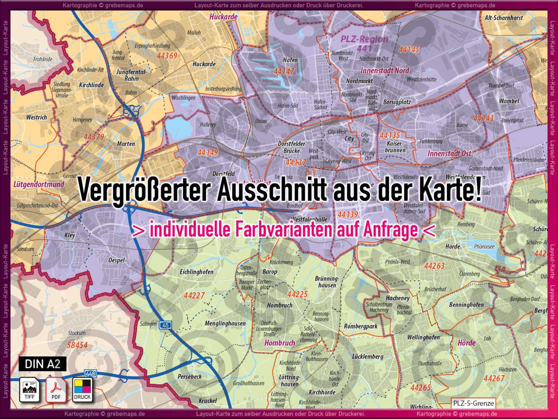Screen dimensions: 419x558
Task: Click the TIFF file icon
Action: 29,390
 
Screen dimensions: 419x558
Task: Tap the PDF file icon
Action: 56,390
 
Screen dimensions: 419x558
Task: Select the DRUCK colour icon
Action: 82,390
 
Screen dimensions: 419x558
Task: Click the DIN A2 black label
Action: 43,364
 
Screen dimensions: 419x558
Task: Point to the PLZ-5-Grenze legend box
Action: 473,403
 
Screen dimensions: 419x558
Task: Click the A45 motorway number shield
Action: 166,325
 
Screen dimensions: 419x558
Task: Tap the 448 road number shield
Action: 90,374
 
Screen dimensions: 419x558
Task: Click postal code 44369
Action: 167,56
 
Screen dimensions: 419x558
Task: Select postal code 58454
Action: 77,345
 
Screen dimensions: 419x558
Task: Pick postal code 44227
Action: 194,295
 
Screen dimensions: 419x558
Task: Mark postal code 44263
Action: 434,266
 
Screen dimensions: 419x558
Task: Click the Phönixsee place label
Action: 484,247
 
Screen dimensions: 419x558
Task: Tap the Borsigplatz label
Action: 397,102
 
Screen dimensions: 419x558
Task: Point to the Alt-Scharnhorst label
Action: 504,17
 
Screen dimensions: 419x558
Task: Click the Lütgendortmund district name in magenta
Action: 39,184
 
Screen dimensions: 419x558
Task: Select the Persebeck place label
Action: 190,376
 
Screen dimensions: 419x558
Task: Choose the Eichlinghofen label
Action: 197,272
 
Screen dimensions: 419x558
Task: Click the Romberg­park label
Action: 361,326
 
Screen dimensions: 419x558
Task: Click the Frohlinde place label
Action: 43,59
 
